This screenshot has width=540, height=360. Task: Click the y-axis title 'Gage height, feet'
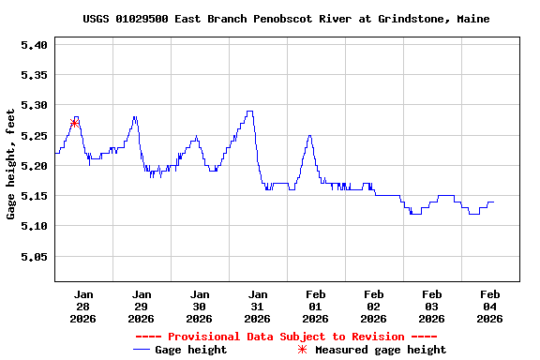[11, 164]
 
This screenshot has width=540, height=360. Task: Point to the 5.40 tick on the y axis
[33, 44]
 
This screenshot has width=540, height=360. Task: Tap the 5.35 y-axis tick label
[33, 74]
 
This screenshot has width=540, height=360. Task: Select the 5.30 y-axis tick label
[33, 105]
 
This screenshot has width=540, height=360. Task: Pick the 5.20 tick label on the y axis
[33, 165]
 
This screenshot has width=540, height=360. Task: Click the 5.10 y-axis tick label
[33, 226]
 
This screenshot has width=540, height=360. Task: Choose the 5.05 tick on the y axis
[33, 256]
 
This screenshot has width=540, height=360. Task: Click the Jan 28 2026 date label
[82, 306]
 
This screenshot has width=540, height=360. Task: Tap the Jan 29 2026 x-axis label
[141, 306]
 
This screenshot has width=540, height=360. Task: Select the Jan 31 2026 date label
[257, 306]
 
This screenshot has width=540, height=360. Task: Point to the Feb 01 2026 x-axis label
[315, 306]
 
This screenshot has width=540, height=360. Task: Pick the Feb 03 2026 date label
[431, 306]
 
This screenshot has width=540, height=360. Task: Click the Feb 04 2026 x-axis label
[489, 306]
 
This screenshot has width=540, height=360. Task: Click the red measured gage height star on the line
[74, 123]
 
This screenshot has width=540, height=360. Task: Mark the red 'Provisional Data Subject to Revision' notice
[286, 337]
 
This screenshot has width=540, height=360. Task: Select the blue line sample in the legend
[142, 350]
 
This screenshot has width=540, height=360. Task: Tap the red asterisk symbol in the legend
[302, 350]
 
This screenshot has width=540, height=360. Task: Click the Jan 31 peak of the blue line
[249, 112]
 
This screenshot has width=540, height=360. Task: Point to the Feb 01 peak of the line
[308, 136]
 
